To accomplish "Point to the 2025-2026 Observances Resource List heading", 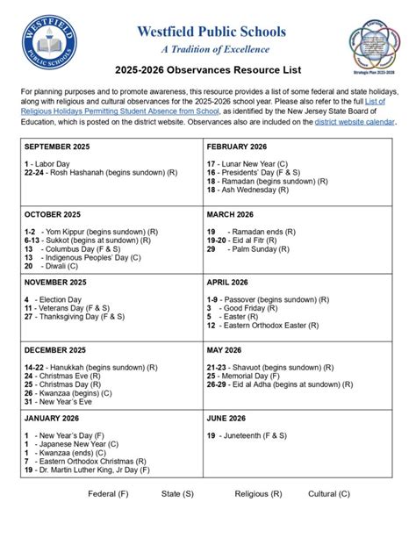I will (x=208, y=69).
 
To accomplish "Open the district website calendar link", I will (x=354, y=123).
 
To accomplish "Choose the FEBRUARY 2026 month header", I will (x=237, y=146).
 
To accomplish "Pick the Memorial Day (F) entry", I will (x=245, y=376).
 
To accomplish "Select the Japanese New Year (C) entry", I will (x=75, y=444).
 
